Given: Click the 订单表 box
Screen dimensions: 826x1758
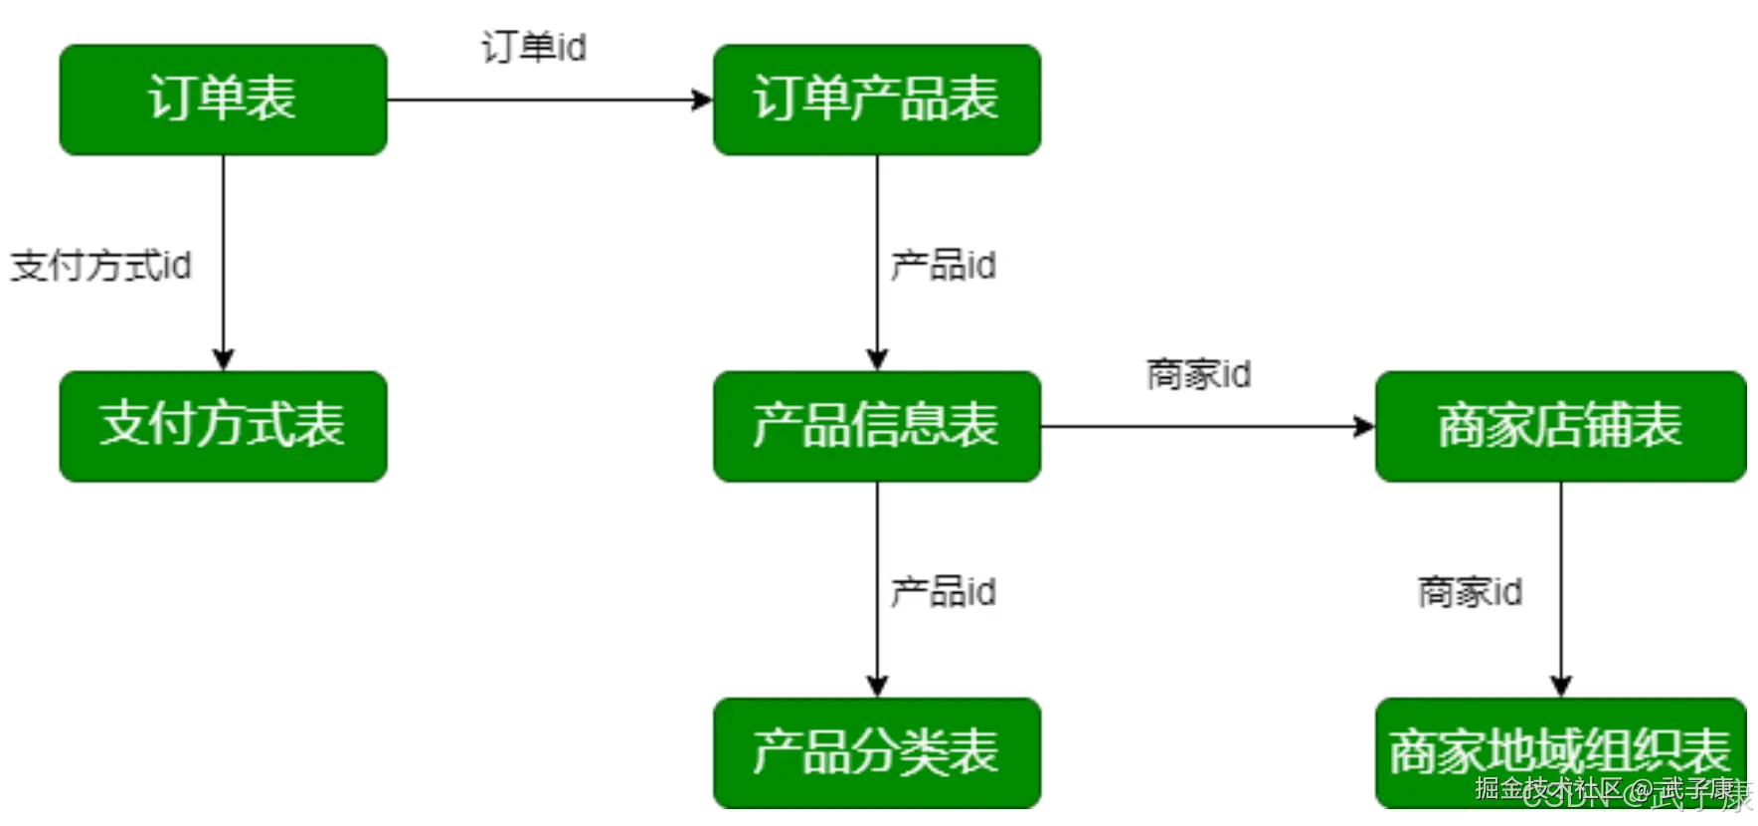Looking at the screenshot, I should point(223,100).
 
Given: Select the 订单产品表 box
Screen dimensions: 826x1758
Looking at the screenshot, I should point(876,100).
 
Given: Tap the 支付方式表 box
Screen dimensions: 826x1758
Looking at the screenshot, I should point(223,426).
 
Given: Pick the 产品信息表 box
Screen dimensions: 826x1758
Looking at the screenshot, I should point(876,426).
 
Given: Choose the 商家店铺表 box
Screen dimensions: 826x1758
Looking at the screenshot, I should point(1559,426).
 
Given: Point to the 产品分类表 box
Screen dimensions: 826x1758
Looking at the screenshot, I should point(876,751).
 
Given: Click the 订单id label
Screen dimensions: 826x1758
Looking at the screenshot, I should point(534,47).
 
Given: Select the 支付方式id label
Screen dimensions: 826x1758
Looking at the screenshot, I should point(100,266).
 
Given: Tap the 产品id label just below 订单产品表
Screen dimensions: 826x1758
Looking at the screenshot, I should point(943,266).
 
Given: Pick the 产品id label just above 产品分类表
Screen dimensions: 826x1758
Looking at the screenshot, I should point(943,592).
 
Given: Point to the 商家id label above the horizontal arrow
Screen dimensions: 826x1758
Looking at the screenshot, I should point(1198,375).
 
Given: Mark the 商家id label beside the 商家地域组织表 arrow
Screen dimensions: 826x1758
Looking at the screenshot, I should point(1470,592).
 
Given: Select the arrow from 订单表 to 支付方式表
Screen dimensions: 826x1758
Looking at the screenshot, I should point(223,299).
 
